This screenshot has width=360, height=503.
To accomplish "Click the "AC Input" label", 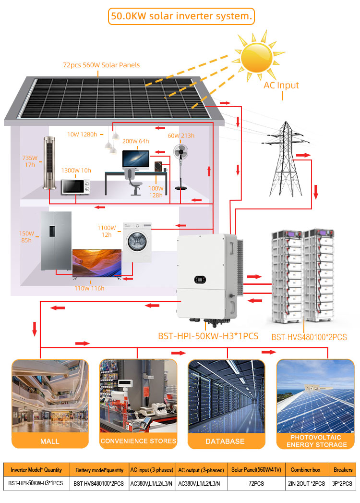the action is [x=281, y=86].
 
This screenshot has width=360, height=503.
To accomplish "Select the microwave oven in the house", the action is [x=76, y=187].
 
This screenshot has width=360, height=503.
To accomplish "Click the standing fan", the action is [x=181, y=167].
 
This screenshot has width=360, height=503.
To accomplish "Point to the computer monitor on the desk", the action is [x=136, y=160].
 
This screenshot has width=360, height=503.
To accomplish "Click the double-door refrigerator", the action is [x=56, y=241].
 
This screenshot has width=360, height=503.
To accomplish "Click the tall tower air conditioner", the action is [x=49, y=163].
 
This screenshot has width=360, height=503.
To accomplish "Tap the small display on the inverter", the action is [x=200, y=280].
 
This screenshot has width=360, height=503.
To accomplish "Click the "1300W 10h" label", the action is [x=76, y=171].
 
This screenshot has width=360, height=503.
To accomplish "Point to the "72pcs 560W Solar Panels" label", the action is [x=101, y=65].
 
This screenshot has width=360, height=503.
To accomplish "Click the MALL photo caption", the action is [x=50, y=442].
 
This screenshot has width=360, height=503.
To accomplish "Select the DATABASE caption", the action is [x=225, y=442].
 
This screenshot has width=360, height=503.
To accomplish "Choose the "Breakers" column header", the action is [x=343, y=470].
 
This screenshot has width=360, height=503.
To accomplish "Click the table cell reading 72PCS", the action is [x=256, y=483].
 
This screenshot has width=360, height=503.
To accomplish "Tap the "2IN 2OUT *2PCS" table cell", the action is [x=307, y=483].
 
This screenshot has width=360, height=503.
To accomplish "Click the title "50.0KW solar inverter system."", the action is [x=181, y=16].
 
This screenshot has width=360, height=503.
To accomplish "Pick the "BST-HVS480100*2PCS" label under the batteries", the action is [x=309, y=337].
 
